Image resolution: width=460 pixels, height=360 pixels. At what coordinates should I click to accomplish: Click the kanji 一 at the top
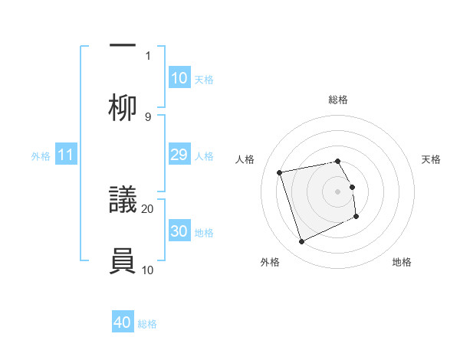(x=123, y=45)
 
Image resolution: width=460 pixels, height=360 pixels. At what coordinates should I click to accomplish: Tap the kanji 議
(x=123, y=201)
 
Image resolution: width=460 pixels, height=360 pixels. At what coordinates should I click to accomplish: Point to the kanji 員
(x=123, y=262)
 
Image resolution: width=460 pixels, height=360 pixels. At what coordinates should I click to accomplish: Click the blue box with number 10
(x=179, y=77)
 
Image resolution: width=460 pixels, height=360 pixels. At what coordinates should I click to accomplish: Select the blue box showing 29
(x=179, y=155)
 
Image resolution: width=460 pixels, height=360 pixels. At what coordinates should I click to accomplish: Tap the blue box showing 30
(x=179, y=231)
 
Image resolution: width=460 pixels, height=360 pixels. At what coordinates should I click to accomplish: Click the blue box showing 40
(x=123, y=322)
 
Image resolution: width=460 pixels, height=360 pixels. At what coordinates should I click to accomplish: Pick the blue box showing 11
(x=66, y=155)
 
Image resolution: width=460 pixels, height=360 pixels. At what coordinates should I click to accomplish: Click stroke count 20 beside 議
(x=148, y=208)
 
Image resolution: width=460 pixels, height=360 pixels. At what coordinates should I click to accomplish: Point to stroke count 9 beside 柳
(x=148, y=116)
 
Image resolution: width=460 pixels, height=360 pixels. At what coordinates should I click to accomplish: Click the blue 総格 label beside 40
(x=147, y=324)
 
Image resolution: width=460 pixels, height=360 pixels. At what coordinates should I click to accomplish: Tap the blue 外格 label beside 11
(x=41, y=155)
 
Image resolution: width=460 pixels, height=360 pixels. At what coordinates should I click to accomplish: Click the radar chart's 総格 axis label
(x=338, y=100)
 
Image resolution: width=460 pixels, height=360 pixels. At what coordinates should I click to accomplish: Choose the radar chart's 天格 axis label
(x=431, y=159)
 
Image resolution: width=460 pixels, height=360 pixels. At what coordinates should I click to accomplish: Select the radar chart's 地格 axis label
(x=402, y=262)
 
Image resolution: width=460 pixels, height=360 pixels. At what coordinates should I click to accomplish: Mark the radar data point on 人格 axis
(x=280, y=172)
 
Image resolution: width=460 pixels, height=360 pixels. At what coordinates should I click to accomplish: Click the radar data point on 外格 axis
(x=301, y=242)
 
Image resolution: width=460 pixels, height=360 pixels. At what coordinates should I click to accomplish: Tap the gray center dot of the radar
(x=338, y=191)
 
